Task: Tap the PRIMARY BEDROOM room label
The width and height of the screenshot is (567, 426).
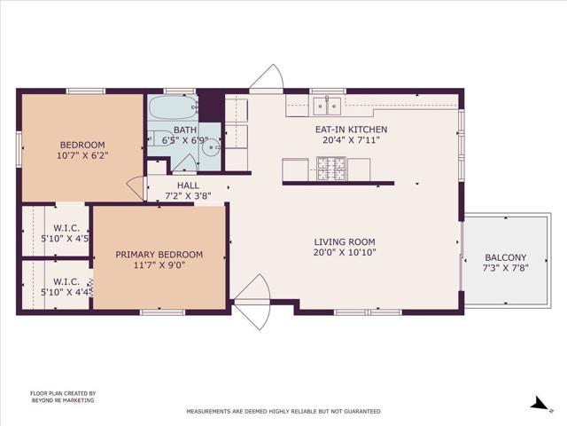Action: tap(159, 260)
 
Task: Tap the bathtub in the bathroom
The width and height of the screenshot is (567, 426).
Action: tap(172, 109)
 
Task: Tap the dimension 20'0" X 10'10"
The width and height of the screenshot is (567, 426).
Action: tap(345, 252)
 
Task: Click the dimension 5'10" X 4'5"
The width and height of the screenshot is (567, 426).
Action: tap(66, 238)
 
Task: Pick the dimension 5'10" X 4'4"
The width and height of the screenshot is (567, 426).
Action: tap(66, 292)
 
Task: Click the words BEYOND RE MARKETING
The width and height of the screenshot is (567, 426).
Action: tap(63, 401)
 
